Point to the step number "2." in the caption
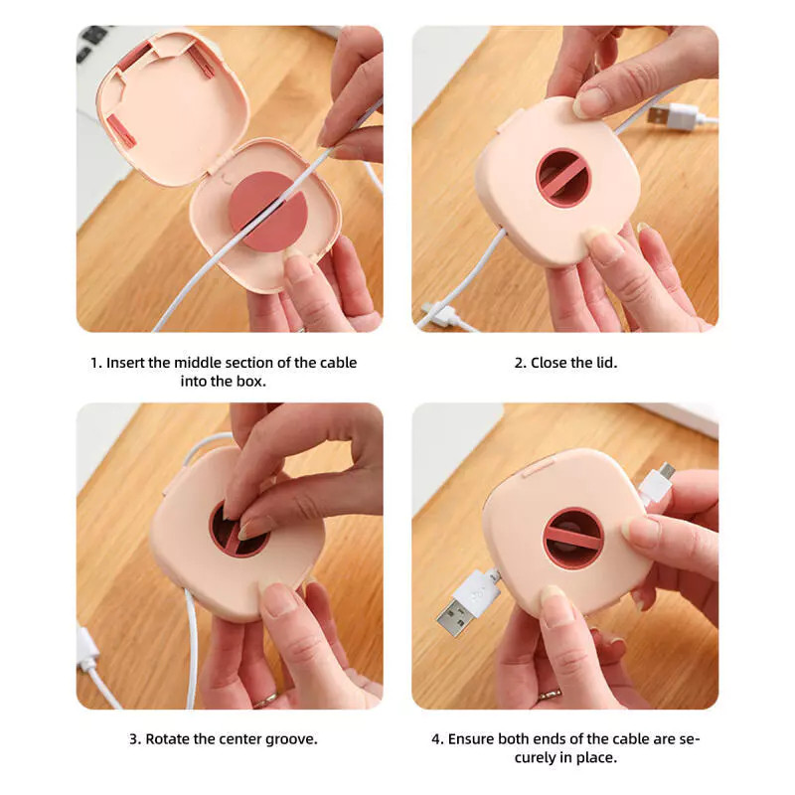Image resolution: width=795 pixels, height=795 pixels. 520,363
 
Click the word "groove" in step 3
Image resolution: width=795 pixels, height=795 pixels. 291,739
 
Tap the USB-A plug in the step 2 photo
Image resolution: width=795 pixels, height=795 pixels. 668,113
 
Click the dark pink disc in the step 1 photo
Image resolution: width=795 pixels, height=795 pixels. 267,212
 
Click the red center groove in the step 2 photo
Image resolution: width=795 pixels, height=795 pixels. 562,178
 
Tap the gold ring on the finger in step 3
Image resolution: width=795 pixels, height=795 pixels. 264,702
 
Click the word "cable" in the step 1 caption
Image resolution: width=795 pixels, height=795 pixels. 338,363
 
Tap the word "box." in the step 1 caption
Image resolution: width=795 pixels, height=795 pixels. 251,382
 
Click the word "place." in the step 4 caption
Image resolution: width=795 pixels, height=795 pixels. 597,758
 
